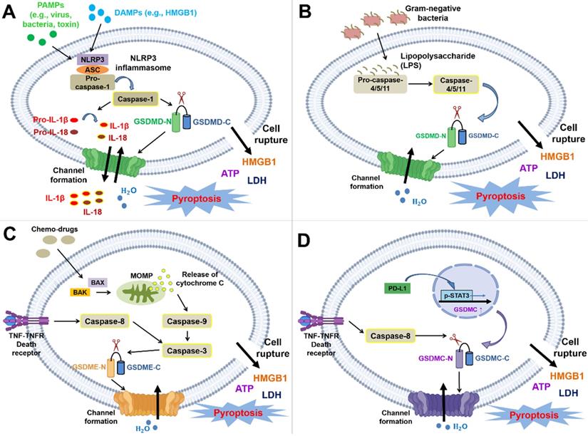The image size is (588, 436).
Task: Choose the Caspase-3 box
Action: pyautogui.click(x=188, y=350)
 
